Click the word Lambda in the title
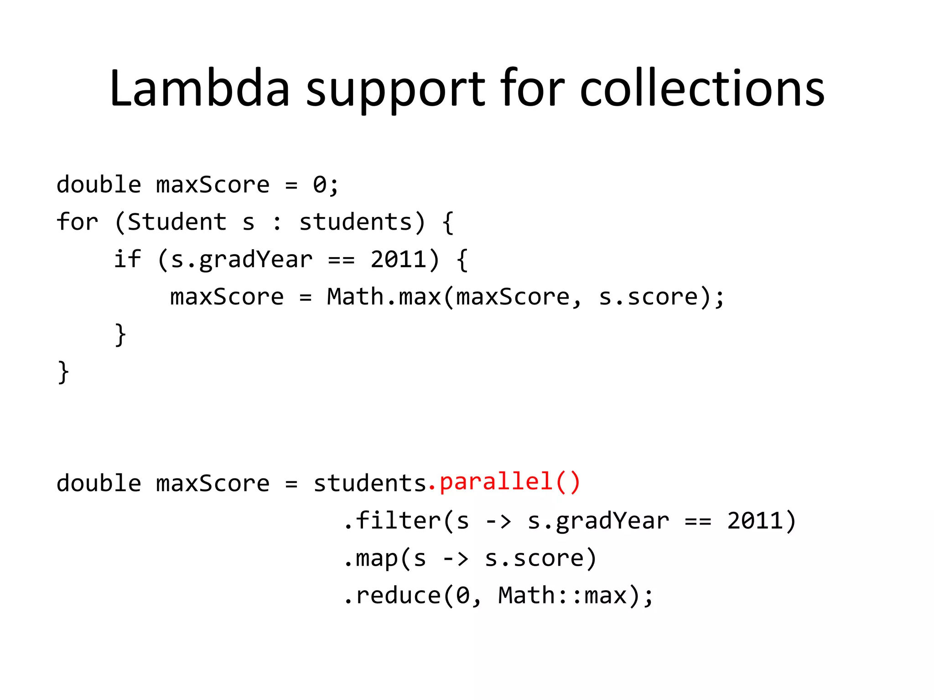coord(200,88)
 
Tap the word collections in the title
coord(702,88)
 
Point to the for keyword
coord(78,222)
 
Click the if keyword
coord(127,259)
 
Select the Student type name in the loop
coord(177,222)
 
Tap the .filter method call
coord(393,520)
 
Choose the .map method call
coord(371,558)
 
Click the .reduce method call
coord(393,595)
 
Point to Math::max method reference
coord(562,595)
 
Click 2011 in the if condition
coord(398,259)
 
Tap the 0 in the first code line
coord(320,185)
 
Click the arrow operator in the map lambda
coord(456,559)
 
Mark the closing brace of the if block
coord(120,335)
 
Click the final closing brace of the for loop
coord(63,372)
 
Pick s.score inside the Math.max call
coord(648,297)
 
